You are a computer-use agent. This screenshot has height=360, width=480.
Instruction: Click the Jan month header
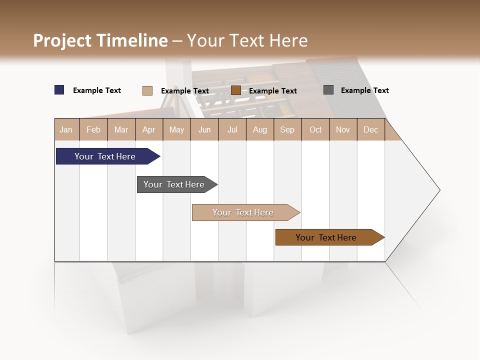[66, 129]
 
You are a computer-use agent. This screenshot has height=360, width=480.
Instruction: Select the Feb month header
[93, 129]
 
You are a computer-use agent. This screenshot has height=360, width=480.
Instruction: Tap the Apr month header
[148, 129]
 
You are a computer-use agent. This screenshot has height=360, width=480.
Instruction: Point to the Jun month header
[204, 129]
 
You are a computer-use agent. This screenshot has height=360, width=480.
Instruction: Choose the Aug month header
[259, 129]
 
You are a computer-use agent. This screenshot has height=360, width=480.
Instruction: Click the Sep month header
[287, 129]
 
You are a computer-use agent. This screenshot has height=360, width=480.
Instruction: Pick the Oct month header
[315, 129]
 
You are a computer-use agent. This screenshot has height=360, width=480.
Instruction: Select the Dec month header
[370, 129]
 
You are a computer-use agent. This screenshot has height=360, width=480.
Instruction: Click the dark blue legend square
[59, 90]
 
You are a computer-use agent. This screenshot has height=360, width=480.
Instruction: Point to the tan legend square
[147, 90]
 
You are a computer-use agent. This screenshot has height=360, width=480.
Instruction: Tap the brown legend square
[236, 90]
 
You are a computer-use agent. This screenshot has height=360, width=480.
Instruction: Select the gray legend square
[328, 90]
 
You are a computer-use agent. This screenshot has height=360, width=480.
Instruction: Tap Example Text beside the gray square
[364, 90]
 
